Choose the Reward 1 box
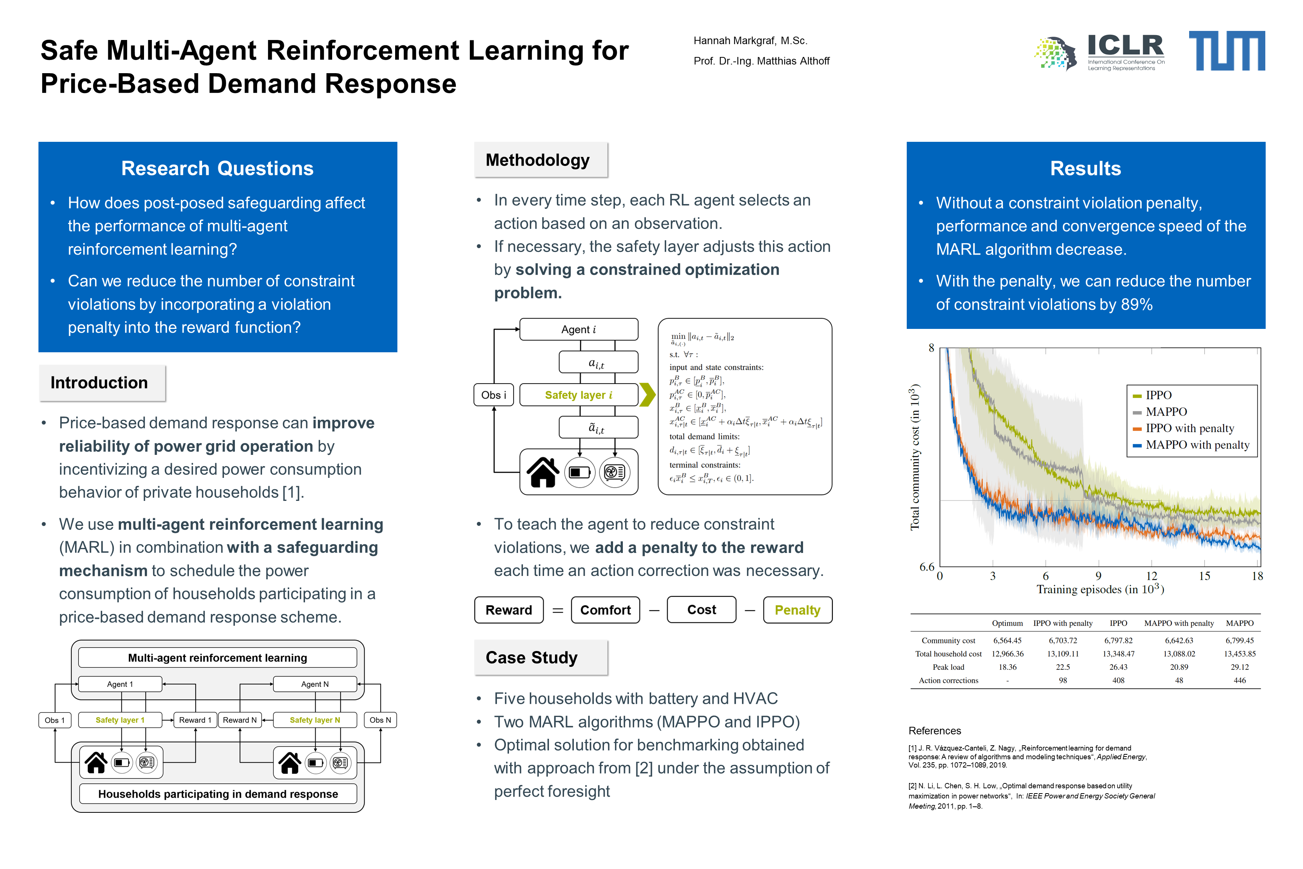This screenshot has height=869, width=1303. (x=195, y=720)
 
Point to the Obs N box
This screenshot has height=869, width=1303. (x=380, y=720)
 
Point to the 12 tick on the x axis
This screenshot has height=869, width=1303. (x=1152, y=576)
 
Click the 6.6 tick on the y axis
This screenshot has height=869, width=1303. (x=927, y=567)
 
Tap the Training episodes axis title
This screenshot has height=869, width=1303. (x=1100, y=590)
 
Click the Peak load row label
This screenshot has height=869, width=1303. (x=949, y=667)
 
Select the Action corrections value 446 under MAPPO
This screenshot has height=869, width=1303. (x=1240, y=680)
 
